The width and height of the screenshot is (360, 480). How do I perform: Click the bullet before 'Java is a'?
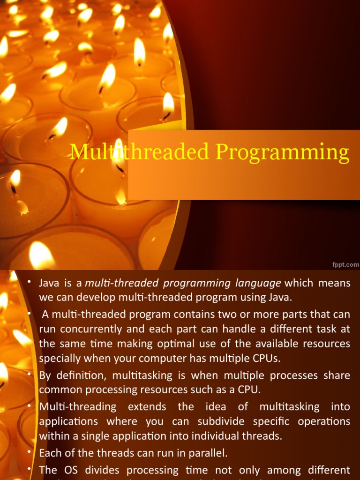tap(29, 281)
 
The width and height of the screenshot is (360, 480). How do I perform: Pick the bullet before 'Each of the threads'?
tap(29, 452)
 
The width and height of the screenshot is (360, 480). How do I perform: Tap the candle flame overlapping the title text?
tap(119, 155)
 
